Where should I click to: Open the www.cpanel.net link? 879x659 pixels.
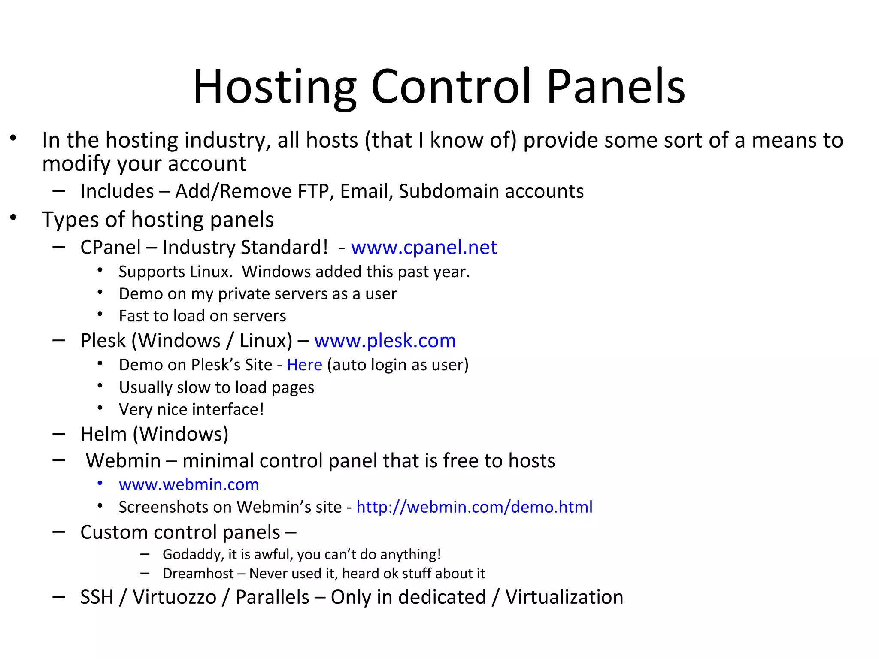click(424, 247)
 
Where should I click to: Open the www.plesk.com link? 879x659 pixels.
click(385, 341)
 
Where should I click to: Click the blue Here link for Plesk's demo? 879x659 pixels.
click(304, 365)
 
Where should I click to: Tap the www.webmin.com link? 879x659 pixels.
click(189, 484)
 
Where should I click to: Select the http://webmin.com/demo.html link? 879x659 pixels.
click(474, 507)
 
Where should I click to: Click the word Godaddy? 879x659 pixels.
click(193, 554)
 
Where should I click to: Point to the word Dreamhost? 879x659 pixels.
click(198, 574)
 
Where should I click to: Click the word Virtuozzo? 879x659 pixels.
click(174, 597)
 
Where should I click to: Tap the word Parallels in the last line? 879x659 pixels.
click(272, 597)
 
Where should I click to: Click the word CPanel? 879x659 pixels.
click(110, 248)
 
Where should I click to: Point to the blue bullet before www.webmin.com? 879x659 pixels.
click(100, 484)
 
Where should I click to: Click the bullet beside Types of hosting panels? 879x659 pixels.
click(14, 218)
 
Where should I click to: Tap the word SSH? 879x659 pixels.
click(97, 597)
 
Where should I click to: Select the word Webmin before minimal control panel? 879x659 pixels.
click(123, 461)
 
